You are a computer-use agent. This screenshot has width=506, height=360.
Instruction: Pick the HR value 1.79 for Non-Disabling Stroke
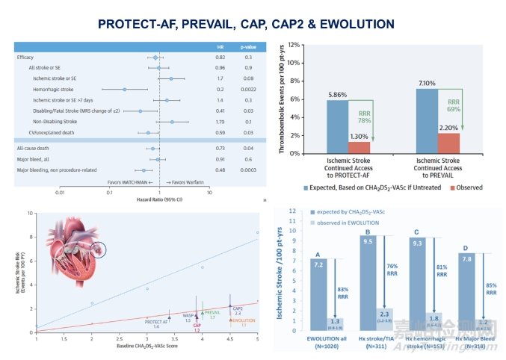click(220, 121)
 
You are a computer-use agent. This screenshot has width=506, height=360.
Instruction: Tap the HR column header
click(220, 46)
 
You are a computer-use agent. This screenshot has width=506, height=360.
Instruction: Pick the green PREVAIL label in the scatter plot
click(212, 314)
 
